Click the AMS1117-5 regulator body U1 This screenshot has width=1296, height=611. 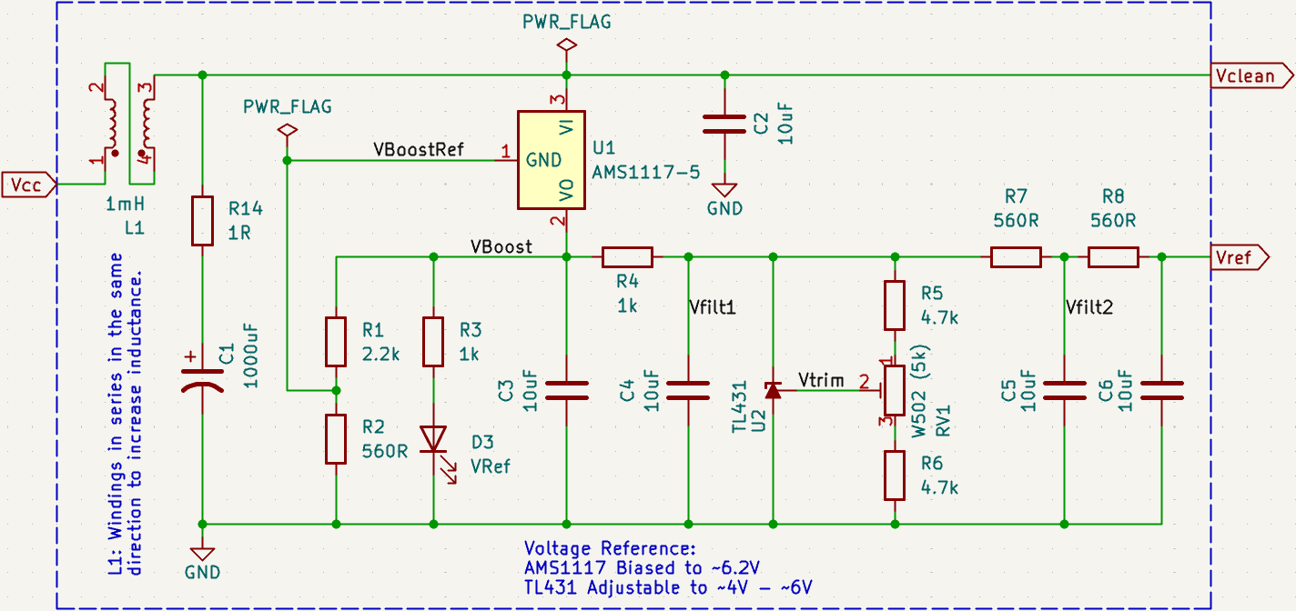pyautogui.click(x=552, y=160)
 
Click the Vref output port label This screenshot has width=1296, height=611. pyautogui.click(x=1240, y=258)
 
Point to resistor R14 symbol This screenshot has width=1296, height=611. pyautogui.click(x=202, y=220)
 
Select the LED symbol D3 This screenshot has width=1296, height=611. pyautogui.click(x=433, y=440)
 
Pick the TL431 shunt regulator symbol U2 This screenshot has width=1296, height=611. pyautogui.click(x=773, y=390)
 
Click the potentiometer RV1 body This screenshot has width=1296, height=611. pyautogui.click(x=895, y=390)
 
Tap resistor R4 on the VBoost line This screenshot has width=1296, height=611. pyautogui.click(x=626, y=258)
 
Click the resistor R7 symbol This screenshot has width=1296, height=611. pyautogui.click(x=1015, y=258)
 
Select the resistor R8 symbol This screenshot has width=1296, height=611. pyautogui.click(x=1112, y=258)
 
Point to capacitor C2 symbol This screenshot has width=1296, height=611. pyautogui.click(x=724, y=125)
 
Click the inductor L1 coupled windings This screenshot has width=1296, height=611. pyautogui.click(x=127, y=123)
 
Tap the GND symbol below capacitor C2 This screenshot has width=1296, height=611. pyautogui.click(x=724, y=191)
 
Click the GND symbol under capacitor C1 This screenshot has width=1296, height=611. pyautogui.click(x=202, y=554)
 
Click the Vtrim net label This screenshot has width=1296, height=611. pyautogui.click(x=821, y=379)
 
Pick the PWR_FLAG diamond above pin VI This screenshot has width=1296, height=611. pyautogui.click(x=566, y=44)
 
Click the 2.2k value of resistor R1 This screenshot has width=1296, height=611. pyautogui.click(x=380, y=355)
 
